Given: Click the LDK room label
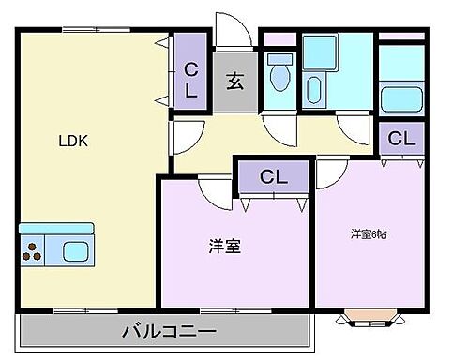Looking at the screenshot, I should point(73,142).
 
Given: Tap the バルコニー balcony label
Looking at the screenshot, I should point(170,332).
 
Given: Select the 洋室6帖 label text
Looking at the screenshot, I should point(369,233).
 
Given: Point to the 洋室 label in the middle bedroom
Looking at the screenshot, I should point(224,247).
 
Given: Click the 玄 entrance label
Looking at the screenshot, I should point(234,81).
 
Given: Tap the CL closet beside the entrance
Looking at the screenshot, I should point(190,80).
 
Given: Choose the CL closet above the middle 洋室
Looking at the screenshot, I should point(272,175).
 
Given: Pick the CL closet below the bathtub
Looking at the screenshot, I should point(401,139).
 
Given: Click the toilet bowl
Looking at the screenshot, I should point(279,79).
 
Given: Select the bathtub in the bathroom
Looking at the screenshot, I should point(400,97).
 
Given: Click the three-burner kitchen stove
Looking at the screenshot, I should point(33,250).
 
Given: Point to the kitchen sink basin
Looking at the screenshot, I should point(74,250).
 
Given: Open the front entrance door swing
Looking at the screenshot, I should point(234,30).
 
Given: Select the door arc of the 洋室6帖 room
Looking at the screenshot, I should point(330,172).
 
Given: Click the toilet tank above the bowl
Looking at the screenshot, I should point(278,59).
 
